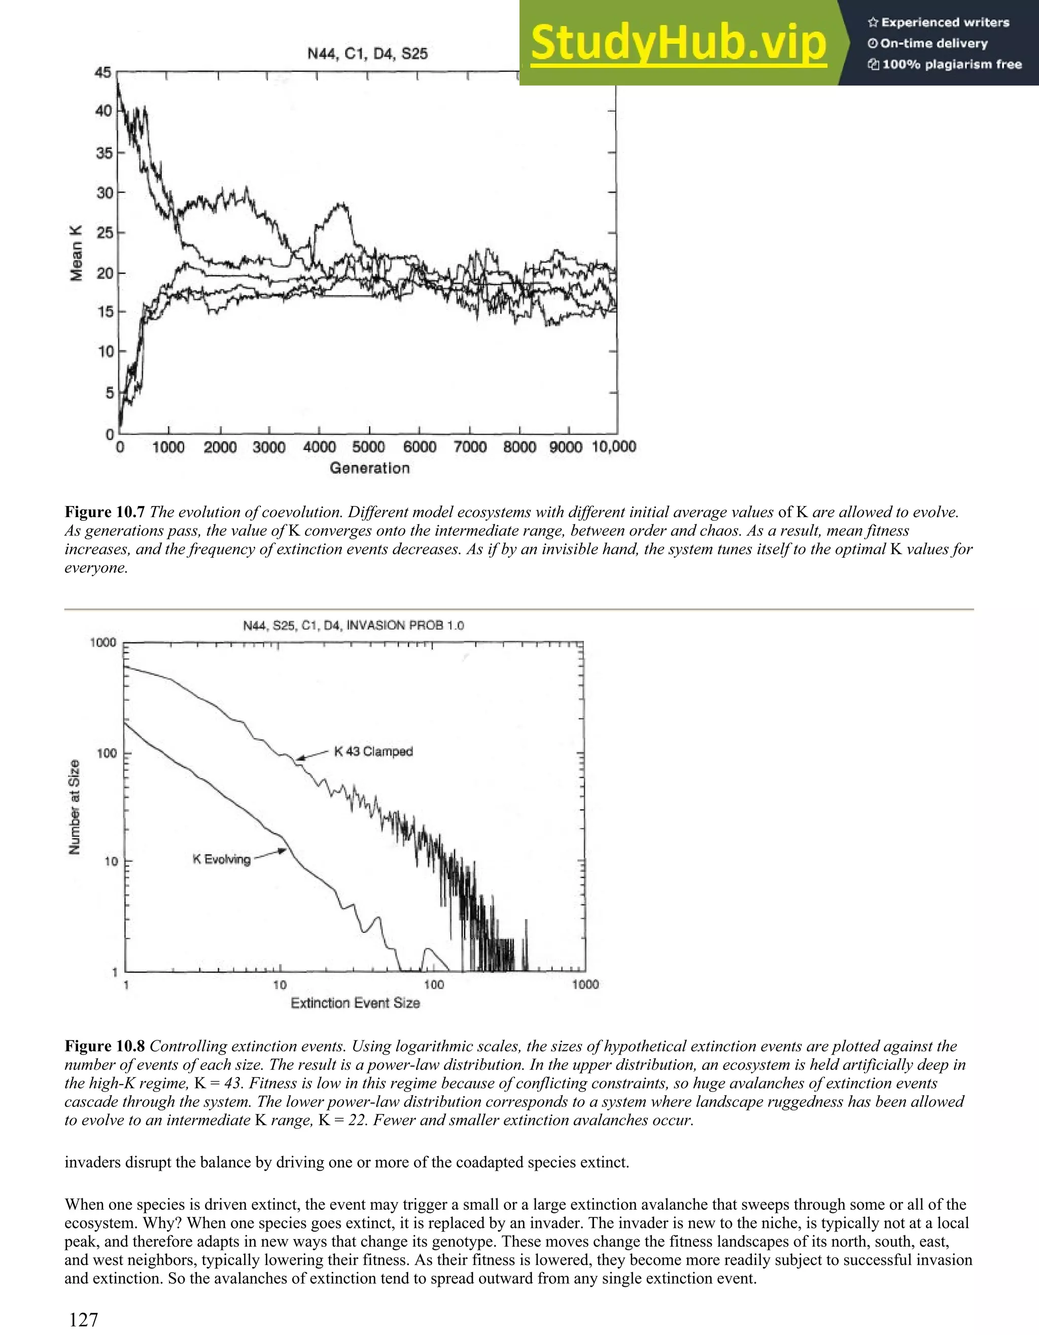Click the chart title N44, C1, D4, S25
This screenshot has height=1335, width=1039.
(x=367, y=54)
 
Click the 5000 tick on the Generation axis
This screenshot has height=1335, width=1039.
(x=368, y=447)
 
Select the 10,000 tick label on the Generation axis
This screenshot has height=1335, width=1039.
(x=613, y=447)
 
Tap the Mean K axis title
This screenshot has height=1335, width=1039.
(x=77, y=253)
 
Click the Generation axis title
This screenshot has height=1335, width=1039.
(x=369, y=468)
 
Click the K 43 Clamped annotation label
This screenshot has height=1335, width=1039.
(x=373, y=751)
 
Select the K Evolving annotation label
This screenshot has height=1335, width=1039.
(x=221, y=859)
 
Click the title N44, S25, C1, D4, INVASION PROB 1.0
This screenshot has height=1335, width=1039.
(x=354, y=625)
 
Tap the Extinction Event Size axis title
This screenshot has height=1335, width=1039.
(x=355, y=1003)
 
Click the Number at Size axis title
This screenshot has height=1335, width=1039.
(x=75, y=807)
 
